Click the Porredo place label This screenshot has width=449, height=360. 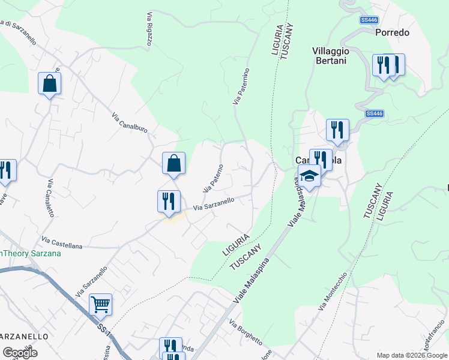(x=392, y=32)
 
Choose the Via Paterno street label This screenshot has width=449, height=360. (x=213, y=178)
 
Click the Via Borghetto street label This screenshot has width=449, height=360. (x=246, y=332)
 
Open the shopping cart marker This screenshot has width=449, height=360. (x=100, y=304)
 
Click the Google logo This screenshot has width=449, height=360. (x=20, y=352)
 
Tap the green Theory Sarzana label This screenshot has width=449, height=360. (x=30, y=253)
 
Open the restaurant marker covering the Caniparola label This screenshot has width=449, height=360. (x=321, y=160)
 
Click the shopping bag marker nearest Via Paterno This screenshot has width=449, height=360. (x=173, y=163)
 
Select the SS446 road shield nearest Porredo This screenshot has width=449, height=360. (x=369, y=20)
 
